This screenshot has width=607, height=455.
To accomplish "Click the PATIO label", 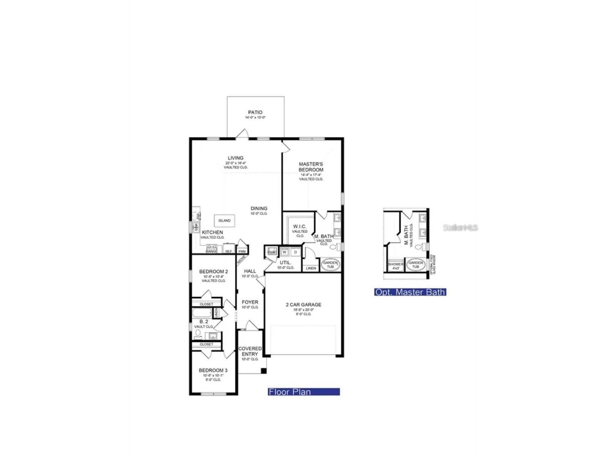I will (x=255, y=112).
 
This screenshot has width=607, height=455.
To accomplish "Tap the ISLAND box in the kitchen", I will (x=224, y=221).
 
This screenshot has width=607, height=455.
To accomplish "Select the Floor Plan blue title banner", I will (x=303, y=392).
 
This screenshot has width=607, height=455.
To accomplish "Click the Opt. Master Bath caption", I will (x=410, y=292).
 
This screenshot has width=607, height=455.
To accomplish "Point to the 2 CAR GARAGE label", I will (x=303, y=304).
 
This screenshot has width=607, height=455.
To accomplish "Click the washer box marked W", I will (x=285, y=252).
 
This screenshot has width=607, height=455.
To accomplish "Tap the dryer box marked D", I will (x=296, y=252).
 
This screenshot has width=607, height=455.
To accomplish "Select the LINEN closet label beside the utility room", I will (x=311, y=268).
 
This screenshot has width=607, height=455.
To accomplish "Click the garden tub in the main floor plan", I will (x=330, y=265).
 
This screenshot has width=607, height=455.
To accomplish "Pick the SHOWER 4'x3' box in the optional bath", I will (x=396, y=265).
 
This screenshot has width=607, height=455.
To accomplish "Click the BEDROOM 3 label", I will (x=213, y=370).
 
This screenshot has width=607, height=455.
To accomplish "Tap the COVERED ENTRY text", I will (x=250, y=351).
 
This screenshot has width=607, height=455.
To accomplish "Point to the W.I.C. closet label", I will (x=299, y=226).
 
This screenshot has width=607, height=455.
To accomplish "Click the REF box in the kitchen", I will (x=228, y=251).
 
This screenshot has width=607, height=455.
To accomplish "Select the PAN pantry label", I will (x=242, y=251).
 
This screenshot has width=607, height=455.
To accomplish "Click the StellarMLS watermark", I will (x=460, y=227).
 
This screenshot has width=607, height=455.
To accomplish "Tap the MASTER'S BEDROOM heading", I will (x=311, y=167).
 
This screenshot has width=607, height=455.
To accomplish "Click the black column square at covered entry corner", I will (x=264, y=371).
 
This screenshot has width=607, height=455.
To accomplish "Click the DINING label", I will (x=259, y=209).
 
